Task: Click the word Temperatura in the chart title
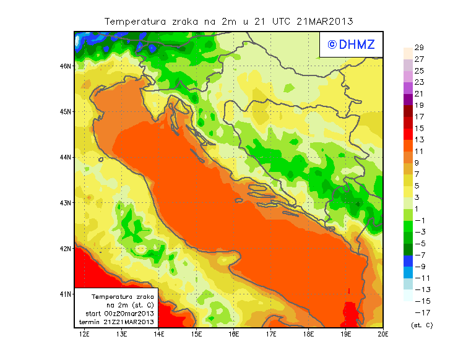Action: point(132,21)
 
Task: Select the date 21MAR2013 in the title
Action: point(326,21)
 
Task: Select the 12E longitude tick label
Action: point(84,334)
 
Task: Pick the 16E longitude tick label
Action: point(234,334)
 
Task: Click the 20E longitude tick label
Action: point(383,334)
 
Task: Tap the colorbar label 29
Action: point(419,48)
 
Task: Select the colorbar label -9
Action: point(419,267)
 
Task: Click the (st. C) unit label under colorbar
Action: point(421,325)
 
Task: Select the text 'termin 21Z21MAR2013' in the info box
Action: point(118,322)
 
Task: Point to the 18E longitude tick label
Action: point(309,334)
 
